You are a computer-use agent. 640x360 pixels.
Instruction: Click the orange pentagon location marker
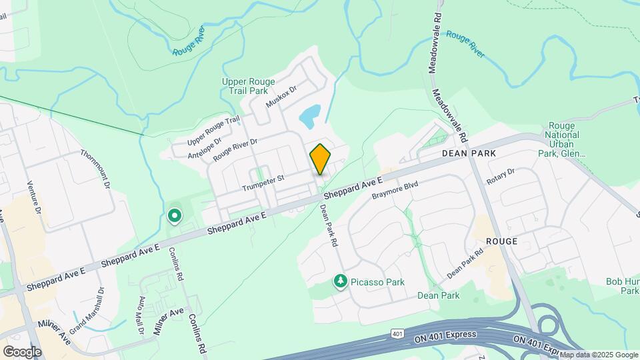pyautogui.click(x=320, y=159)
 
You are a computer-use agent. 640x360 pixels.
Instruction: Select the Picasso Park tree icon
pyautogui.click(x=341, y=282)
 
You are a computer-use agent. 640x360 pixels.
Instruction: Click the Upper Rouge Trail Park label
pyautogui.click(x=248, y=87)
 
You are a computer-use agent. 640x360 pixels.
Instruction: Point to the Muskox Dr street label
pyautogui.click(x=280, y=97)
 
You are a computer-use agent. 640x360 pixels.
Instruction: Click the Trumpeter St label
pyautogui.click(x=263, y=178)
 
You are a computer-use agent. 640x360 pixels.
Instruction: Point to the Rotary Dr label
pyautogui.click(x=501, y=177)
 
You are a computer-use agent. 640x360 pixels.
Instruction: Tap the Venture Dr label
pyautogui.click(x=34, y=197)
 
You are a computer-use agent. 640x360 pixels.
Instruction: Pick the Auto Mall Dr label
pyautogui.click(x=141, y=315)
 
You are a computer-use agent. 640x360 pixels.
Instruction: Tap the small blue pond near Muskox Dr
pyautogui.click(x=309, y=116)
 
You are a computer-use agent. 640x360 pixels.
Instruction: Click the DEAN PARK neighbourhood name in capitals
pyautogui.click(x=470, y=153)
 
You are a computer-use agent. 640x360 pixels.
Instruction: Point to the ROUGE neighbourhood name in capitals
pyautogui.click(x=502, y=241)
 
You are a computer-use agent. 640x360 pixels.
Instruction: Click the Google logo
pyautogui.click(x=22, y=351)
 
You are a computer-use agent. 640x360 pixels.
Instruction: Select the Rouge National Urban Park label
pyautogui.click(x=563, y=139)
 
